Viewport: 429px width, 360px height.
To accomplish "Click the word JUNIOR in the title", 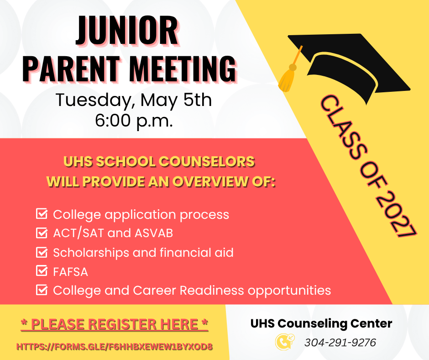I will click(127, 31).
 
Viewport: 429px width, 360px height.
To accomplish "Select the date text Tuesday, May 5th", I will click(133, 100).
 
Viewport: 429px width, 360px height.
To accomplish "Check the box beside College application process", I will click(42, 214).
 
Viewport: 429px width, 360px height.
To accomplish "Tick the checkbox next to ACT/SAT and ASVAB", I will click(42, 233).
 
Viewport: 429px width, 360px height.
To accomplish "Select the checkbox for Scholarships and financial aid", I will click(42, 252).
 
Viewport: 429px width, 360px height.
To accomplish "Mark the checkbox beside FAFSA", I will click(42, 271).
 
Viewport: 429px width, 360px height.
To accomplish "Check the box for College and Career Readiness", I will click(42, 290).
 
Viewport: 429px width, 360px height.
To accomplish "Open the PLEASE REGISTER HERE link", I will click(115, 325).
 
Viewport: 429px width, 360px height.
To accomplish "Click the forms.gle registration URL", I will click(115, 347).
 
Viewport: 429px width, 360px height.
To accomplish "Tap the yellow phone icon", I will click(282, 342).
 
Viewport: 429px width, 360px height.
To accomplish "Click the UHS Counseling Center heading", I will click(321, 323).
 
